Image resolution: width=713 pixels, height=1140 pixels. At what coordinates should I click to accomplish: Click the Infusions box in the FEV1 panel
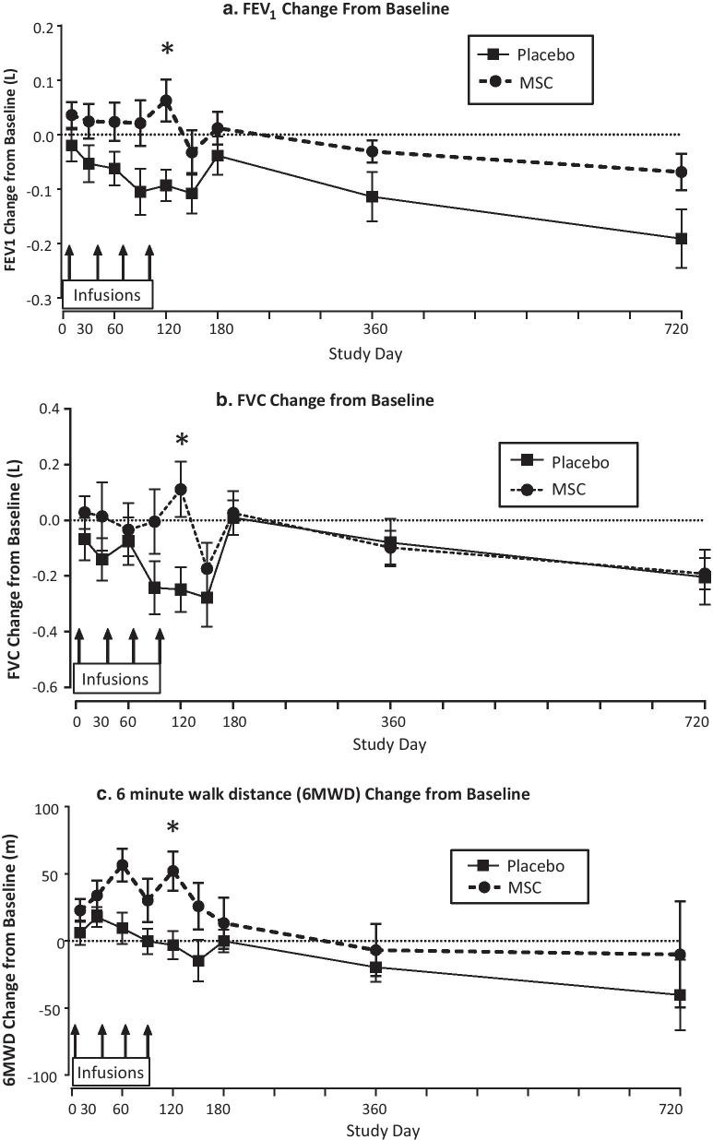(108, 295)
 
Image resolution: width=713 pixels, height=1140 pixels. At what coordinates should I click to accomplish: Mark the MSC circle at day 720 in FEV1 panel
(682, 172)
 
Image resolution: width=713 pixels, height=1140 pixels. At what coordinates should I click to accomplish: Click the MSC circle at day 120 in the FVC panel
(181, 490)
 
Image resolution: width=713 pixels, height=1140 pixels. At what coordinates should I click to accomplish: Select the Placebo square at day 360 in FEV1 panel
(373, 196)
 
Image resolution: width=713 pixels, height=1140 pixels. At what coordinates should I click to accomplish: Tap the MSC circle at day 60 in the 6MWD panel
(122, 865)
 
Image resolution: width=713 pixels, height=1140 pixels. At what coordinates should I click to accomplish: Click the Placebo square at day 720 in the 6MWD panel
(680, 995)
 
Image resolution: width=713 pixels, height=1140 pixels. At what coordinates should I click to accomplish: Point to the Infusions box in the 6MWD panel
(111, 1073)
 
